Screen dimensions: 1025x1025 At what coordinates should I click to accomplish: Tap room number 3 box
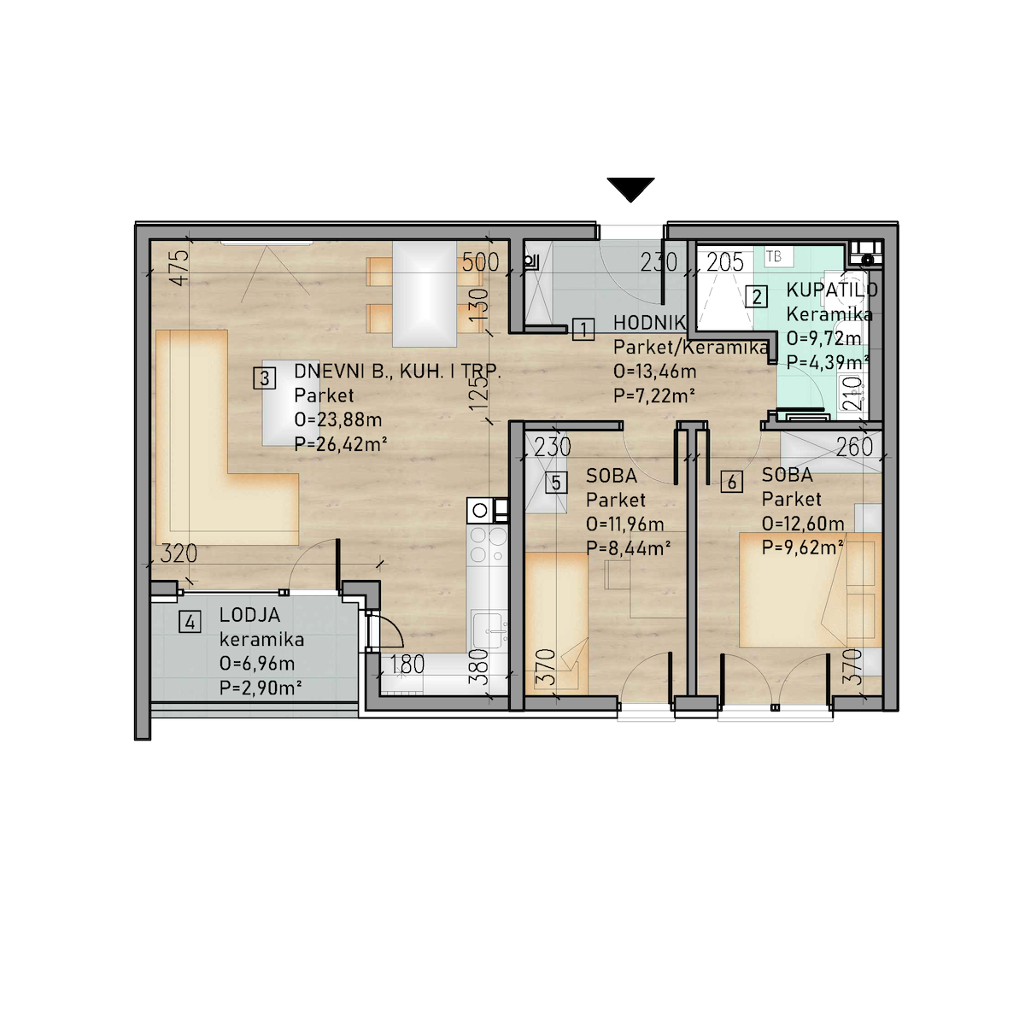coord(264,378)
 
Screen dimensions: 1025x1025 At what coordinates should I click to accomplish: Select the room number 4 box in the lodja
coord(190,621)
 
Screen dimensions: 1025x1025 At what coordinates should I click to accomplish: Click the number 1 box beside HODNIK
coord(583,329)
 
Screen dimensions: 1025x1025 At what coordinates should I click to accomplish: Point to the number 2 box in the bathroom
coord(757,296)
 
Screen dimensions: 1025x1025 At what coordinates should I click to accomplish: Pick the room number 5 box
coord(556,483)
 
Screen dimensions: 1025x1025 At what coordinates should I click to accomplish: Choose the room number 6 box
coord(732,482)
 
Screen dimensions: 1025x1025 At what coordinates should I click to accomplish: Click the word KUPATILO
coord(831,290)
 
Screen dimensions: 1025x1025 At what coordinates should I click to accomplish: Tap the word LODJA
coord(249,615)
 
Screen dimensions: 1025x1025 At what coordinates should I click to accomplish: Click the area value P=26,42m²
coord(341,443)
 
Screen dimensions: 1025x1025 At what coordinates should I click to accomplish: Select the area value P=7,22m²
coord(654,395)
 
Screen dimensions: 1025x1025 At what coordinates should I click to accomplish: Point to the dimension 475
coord(181,267)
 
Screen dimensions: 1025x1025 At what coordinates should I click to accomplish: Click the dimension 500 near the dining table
coord(480,262)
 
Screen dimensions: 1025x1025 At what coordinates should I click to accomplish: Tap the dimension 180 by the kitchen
coord(407,665)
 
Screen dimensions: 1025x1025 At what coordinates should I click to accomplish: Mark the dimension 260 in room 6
coord(854,448)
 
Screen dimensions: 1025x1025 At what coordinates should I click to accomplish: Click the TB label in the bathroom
coord(774,256)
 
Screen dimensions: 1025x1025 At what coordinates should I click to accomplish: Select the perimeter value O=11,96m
coord(625,524)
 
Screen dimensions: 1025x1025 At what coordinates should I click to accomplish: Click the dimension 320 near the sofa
coord(179,553)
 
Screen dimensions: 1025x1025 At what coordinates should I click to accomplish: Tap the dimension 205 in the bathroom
coord(724,262)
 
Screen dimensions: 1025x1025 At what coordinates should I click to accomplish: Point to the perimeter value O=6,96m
coord(257,664)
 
